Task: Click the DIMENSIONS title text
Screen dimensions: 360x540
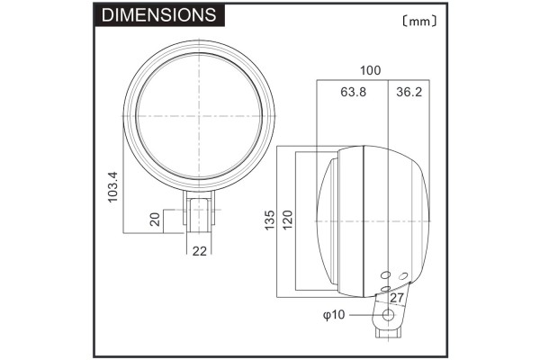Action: [x=158, y=15]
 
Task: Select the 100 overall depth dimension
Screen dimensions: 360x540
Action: [x=370, y=70]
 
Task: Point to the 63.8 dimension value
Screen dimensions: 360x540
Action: [x=352, y=91]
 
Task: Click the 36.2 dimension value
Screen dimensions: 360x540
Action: [x=408, y=91]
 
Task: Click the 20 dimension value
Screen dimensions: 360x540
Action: [x=156, y=220]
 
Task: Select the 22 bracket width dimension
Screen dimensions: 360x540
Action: [x=200, y=249]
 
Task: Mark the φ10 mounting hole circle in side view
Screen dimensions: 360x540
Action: [x=389, y=315]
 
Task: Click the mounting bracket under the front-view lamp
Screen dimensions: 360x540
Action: [x=200, y=212]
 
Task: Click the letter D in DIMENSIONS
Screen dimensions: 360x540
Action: [x=108, y=15]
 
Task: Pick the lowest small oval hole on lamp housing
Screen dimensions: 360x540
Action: [x=385, y=288]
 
